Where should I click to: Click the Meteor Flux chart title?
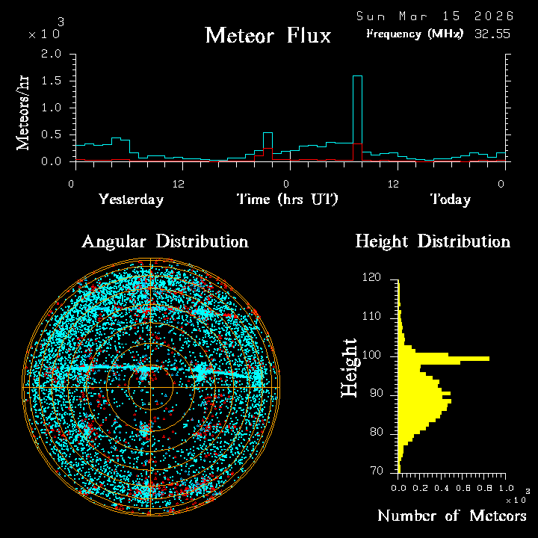click(268, 35)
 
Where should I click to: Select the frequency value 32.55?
click(492, 34)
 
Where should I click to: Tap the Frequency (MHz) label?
click(415, 34)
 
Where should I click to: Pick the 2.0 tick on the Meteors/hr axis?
click(52, 55)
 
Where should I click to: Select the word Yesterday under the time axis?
click(131, 200)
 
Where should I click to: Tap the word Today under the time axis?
click(450, 200)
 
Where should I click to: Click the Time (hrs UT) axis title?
click(287, 200)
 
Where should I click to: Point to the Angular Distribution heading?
click(164, 241)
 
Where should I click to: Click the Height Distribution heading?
click(433, 241)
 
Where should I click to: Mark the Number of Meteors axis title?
click(451, 516)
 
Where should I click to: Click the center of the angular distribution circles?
click(150, 387)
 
